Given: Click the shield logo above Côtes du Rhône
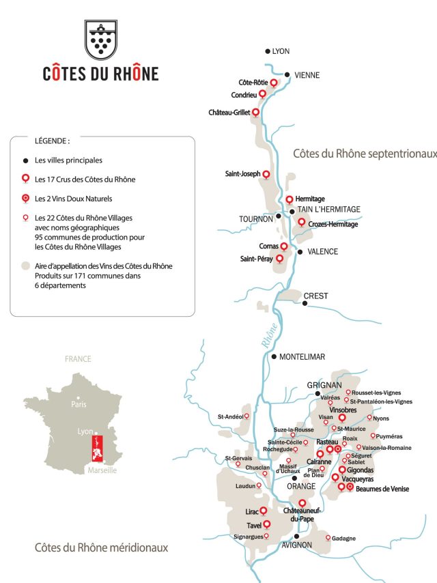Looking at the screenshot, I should tap(100, 40).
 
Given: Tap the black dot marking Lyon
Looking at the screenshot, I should tap(268, 51).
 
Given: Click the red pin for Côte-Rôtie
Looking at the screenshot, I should tap(274, 83).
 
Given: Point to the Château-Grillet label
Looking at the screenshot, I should tap(230, 112).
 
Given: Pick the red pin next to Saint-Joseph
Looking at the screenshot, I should tap(266, 175).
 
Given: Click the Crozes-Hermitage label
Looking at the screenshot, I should tap(333, 224).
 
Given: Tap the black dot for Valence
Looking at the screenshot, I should tap(300, 252).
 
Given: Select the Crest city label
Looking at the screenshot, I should tap(316, 296).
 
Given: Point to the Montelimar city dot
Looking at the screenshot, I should tap(274, 356).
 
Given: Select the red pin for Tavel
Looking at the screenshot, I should tap(267, 524).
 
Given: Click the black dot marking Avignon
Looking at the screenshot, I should tap(296, 537).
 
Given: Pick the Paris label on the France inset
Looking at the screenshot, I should tap(80, 404).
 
